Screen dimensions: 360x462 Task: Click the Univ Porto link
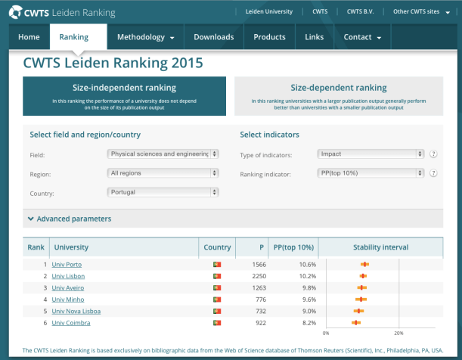[67, 264]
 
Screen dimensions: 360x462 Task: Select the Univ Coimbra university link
[71, 323]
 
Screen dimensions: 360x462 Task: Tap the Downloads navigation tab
[213, 37]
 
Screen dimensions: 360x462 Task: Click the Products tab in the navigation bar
[269, 37]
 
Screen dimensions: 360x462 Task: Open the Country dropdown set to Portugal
[163, 192]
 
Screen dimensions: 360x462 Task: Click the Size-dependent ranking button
[338, 95]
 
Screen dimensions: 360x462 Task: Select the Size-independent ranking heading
[124, 88]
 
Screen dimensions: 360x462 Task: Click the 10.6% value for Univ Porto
[306, 264]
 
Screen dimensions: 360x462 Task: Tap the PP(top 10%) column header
[292, 247]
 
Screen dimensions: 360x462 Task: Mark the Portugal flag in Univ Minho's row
[217, 299]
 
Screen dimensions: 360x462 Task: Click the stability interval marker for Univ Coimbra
[355, 323]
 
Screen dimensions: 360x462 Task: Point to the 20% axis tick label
[398, 333]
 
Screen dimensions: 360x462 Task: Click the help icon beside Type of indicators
[434, 154]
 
